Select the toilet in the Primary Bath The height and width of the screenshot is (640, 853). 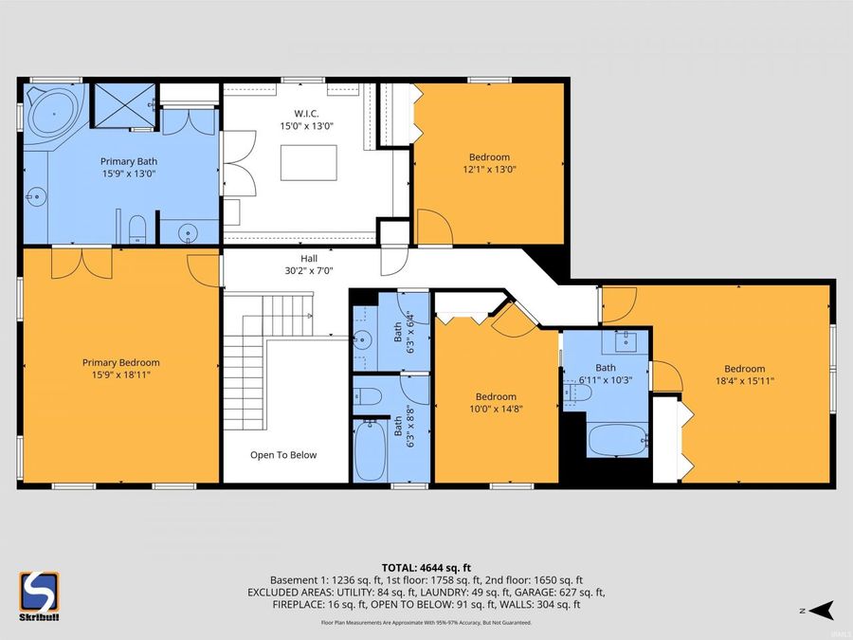pyautogui.click(x=137, y=227)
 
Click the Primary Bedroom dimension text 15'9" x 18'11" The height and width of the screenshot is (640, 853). pyautogui.click(x=120, y=375)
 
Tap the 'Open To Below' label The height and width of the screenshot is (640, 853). pyautogui.click(x=283, y=455)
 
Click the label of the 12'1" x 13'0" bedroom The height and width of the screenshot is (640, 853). pyautogui.click(x=489, y=157)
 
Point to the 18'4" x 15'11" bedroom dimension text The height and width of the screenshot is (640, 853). pyautogui.click(x=744, y=381)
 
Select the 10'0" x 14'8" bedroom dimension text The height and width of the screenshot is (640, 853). pyautogui.click(x=496, y=409)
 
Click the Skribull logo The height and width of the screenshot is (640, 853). pyautogui.click(x=39, y=596)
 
